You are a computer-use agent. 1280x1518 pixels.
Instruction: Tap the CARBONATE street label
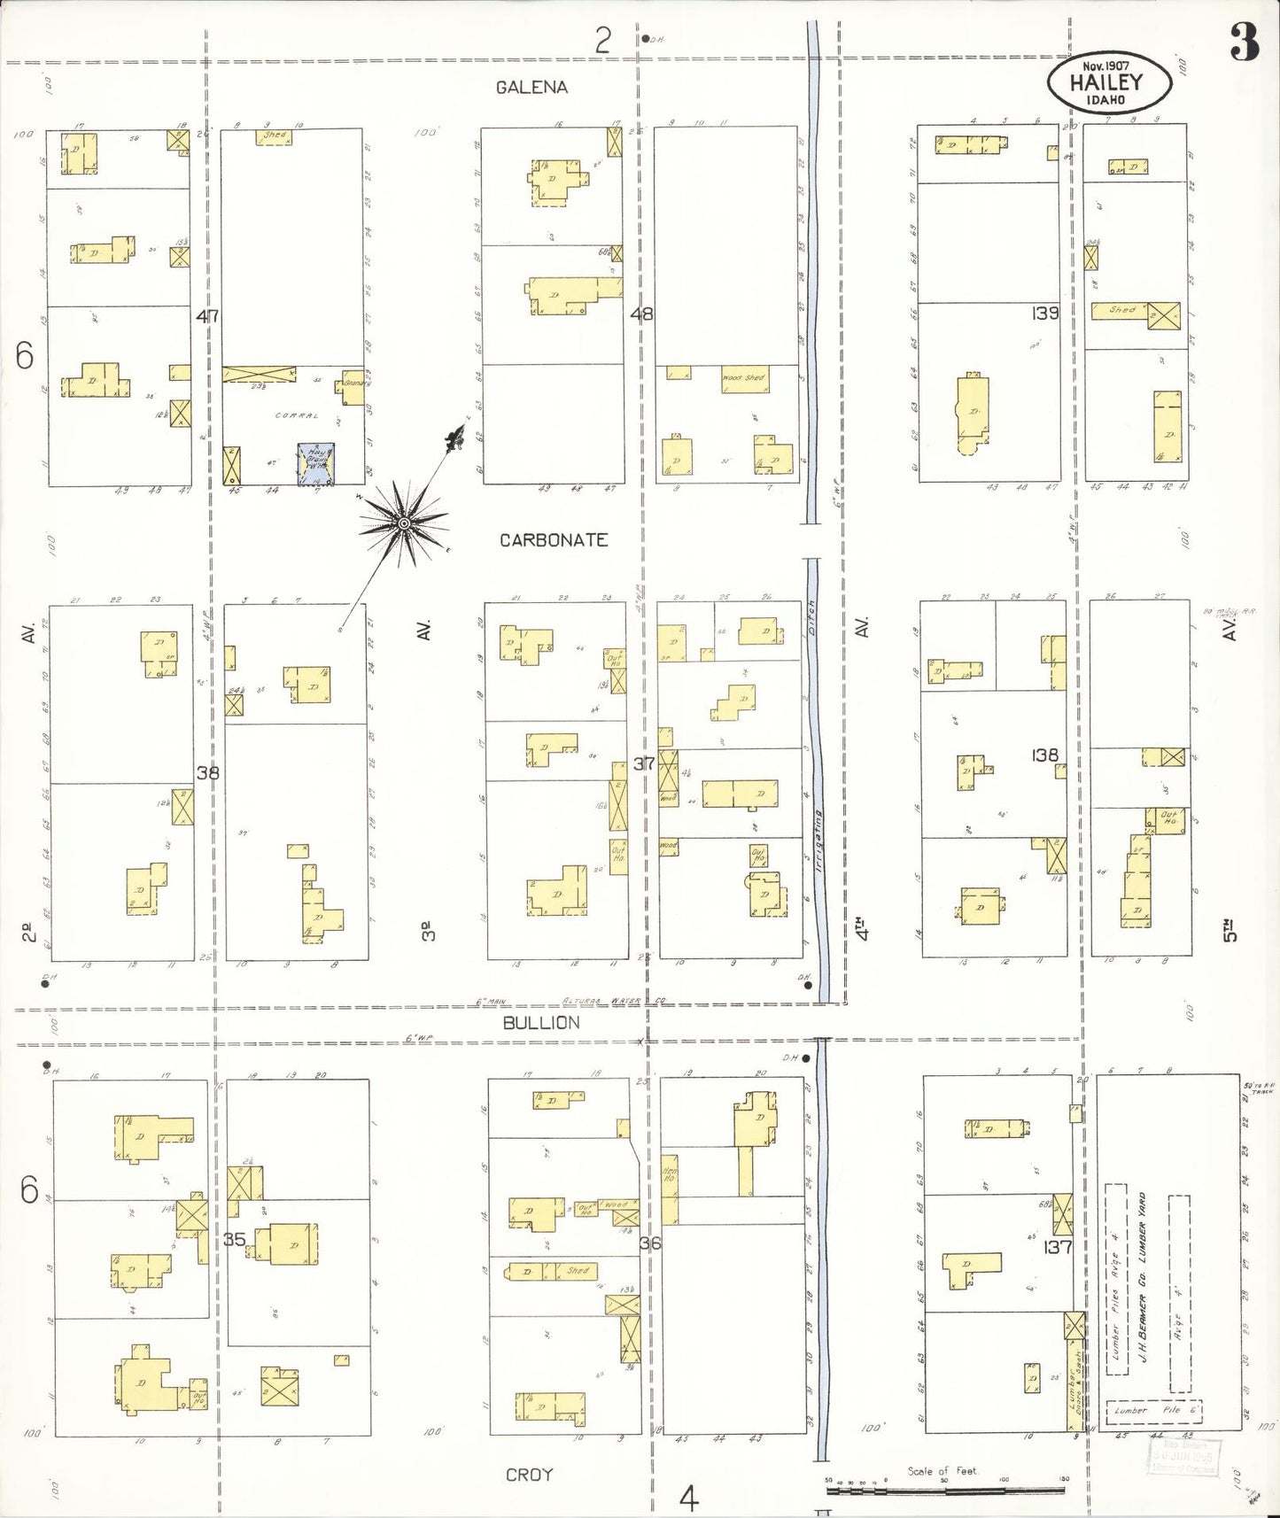tap(554, 539)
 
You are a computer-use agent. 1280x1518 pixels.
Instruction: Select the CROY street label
tap(530, 1475)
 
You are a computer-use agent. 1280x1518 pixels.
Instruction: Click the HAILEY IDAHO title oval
tap(1108, 83)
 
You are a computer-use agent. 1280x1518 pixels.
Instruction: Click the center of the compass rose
tap(404, 523)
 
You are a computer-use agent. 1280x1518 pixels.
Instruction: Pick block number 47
tap(208, 315)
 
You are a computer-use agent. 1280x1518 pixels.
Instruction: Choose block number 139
tap(1045, 313)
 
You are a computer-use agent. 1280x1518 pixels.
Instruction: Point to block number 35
tap(234, 1239)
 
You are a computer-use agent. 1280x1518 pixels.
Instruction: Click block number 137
tap(1059, 1247)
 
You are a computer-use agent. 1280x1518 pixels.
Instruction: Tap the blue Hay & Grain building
tap(316, 464)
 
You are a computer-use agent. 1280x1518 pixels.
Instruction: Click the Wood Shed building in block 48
tap(745, 379)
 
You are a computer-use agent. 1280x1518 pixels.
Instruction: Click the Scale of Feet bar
tap(943, 1491)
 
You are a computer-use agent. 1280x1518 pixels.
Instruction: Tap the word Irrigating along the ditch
tap(820, 841)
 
